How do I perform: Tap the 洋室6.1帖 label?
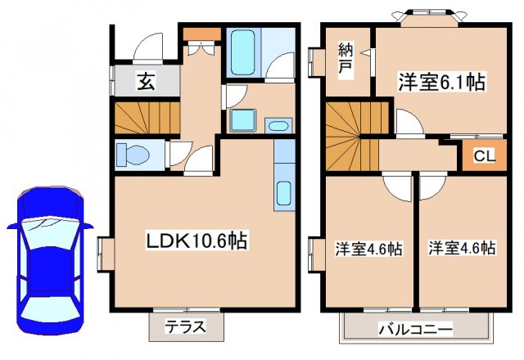(x=441, y=82)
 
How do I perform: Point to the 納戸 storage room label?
(x=346, y=60)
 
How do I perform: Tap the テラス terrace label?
(x=185, y=329)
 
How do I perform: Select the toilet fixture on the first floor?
(x=131, y=154)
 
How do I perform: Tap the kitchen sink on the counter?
(x=283, y=193)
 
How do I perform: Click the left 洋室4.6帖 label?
(x=368, y=249)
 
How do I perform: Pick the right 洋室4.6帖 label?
(x=460, y=248)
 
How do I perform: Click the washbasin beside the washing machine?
(x=278, y=125)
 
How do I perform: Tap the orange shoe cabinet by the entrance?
(x=201, y=34)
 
